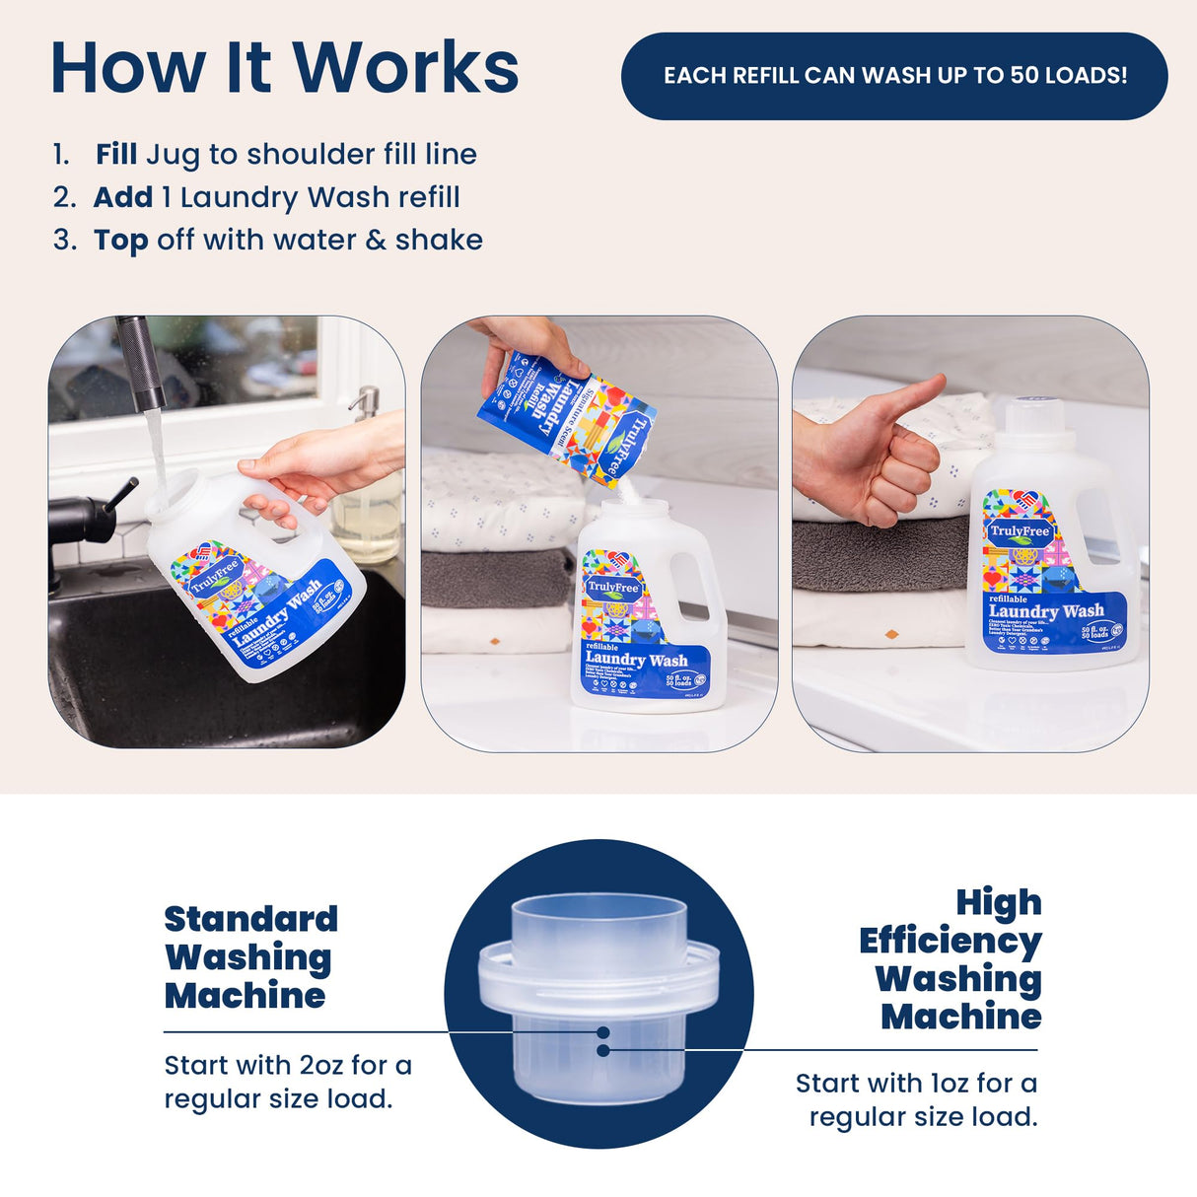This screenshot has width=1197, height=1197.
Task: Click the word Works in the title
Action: click(405, 67)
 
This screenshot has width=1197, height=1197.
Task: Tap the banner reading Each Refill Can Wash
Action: click(894, 76)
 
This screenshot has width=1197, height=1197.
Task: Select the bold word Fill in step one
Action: click(116, 154)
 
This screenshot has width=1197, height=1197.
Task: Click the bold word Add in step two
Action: click(123, 197)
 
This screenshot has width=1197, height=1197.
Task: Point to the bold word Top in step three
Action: click(121, 240)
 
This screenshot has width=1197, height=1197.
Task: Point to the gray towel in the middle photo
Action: click(496, 577)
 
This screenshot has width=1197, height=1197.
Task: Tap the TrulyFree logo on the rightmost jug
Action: click(1020, 531)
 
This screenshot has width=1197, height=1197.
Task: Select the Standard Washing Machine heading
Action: click(249, 956)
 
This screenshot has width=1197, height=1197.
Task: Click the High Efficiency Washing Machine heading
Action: click(951, 958)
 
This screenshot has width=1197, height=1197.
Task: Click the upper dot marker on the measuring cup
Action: click(603, 1032)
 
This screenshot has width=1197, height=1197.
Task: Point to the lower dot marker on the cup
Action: click(603, 1050)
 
